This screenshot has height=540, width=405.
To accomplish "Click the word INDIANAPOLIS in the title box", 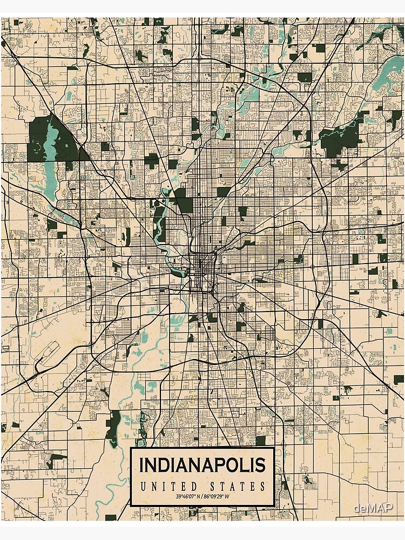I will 202,464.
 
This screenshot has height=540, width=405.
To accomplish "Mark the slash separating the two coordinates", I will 203,497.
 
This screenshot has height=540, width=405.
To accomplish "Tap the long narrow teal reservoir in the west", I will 50,157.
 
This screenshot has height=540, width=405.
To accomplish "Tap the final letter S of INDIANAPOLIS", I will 260,464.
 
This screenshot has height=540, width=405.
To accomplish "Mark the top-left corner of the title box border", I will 131,448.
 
